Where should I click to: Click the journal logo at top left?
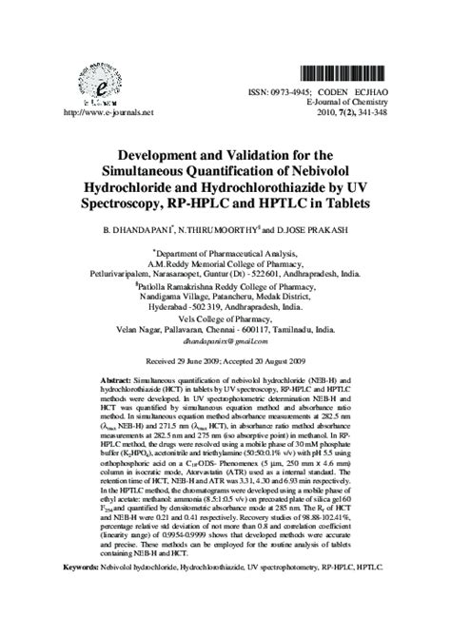pos(88,81)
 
